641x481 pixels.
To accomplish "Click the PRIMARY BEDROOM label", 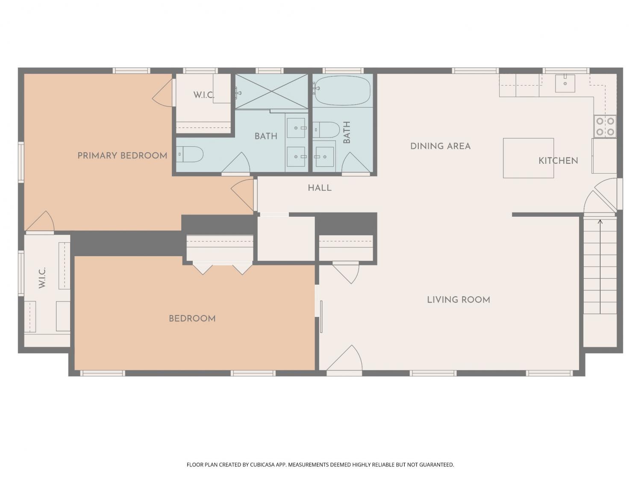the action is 122,156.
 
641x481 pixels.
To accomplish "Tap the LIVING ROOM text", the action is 459,300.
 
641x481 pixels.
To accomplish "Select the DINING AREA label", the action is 441,146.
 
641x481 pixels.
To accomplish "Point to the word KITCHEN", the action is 558,161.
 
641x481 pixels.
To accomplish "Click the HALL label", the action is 320,188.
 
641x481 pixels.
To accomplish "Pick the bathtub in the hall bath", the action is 343,91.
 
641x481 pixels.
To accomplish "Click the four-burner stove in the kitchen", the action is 605,127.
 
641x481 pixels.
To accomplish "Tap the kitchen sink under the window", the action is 565,83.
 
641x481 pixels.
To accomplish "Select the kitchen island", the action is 528,158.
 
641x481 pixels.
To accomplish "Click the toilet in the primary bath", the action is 190,154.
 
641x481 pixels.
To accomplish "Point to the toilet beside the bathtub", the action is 326,130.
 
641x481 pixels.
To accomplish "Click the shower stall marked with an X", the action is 272,91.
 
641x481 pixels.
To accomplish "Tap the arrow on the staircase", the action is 600,267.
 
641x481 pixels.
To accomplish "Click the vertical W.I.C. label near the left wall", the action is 42,277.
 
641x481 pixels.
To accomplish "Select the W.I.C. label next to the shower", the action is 203,95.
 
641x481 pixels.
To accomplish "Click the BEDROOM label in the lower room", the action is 192,319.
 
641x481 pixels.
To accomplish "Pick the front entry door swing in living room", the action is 344,359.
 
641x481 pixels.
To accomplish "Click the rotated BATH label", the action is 347,132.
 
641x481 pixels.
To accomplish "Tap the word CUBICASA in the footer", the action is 262,465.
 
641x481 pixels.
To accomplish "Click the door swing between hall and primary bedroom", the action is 242,195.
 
